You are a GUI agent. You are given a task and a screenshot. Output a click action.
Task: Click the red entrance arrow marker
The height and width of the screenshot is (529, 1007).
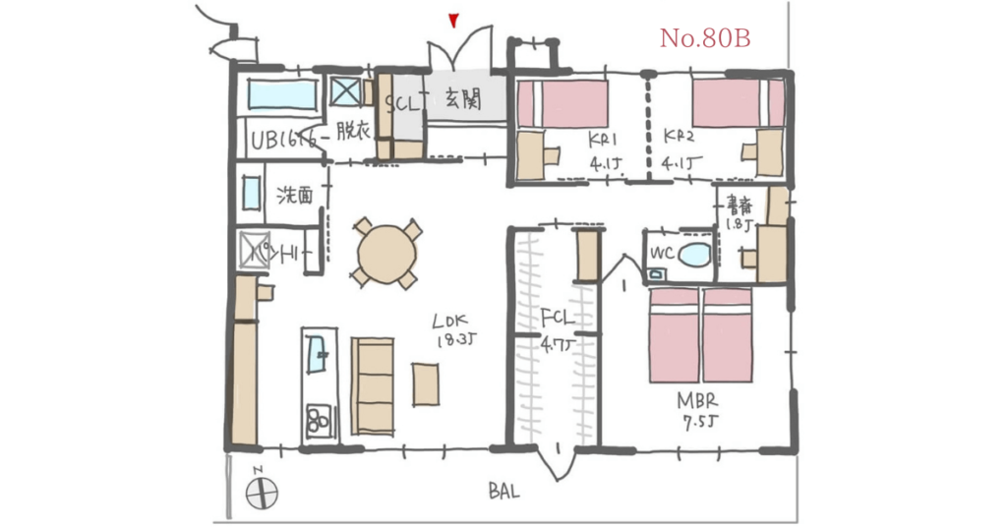tap(452, 19)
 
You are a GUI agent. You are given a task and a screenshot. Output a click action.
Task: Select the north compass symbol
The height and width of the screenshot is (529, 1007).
tap(262, 491)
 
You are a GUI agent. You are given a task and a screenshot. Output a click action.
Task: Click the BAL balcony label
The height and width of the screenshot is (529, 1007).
tap(504, 492)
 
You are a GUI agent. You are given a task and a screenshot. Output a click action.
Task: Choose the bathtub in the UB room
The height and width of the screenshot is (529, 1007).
tap(283, 95)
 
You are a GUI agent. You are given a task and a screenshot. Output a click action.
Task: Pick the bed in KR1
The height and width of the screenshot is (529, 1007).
tap(562, 104)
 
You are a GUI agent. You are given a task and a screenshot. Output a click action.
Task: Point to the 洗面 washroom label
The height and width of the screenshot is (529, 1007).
tap(295, 195)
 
